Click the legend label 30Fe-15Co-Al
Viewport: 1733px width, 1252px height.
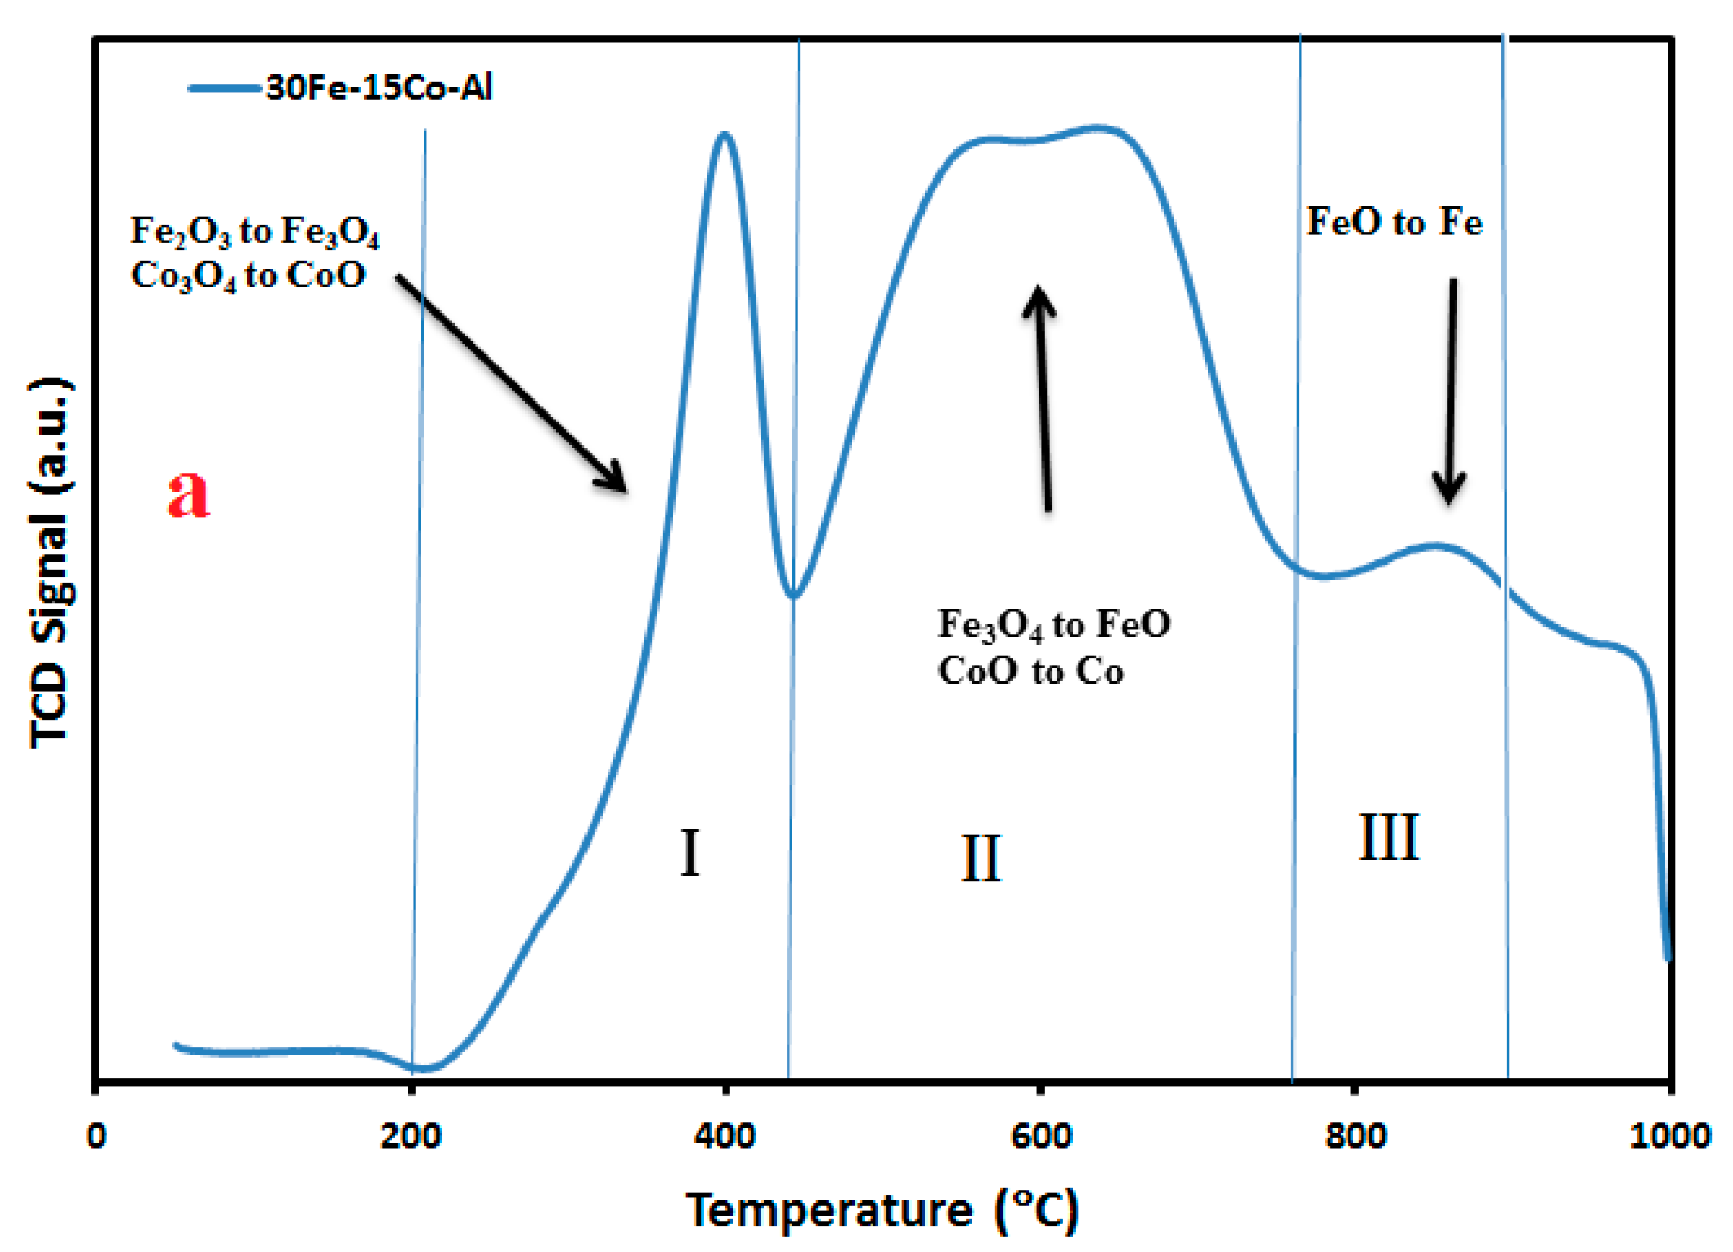(x=378, y=88)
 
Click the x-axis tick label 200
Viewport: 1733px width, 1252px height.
(x=411, y=1137)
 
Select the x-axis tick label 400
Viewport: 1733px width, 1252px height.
(x=724, y=1137)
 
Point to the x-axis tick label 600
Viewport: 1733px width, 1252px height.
(x=1041, y=1137)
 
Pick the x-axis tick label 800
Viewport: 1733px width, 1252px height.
(x=1355, y=1137)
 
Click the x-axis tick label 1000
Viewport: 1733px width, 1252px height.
(x=1669, y=1137)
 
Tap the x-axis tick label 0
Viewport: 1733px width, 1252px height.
(x=96, y=1137)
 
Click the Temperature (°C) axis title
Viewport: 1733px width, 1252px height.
(x=883, y=1211)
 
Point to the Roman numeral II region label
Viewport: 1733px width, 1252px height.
(x=980, y=859)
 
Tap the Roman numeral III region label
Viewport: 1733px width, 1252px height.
(x=1388, y=838)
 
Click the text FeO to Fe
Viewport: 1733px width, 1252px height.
(x=1394, y=223)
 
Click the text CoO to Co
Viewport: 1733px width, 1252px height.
(x=1030, y=672)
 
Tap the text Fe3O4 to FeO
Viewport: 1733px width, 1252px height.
(x=1053, y=624)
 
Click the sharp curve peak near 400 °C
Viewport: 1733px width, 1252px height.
(x=723, y=135)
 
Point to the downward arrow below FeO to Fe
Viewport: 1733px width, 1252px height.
(x=1451, y=389)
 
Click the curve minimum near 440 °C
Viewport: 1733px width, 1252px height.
(x=795, y=595)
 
